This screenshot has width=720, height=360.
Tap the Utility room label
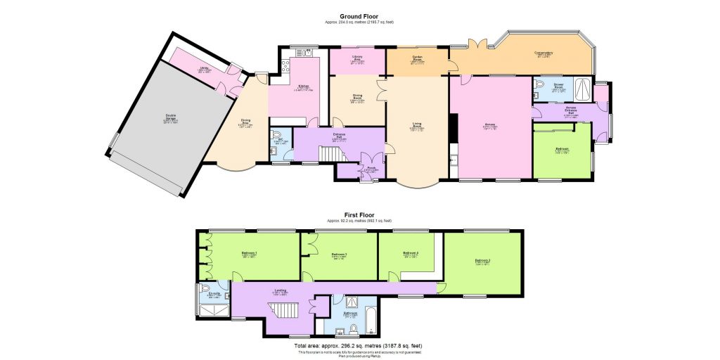204,70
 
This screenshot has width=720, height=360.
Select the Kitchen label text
304,86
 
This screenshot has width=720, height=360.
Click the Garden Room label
416,58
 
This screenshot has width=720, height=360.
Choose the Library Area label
356,58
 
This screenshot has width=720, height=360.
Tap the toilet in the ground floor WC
276,134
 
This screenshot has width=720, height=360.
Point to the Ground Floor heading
359,16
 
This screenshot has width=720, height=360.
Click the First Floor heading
359,214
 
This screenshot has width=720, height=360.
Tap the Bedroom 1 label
249,252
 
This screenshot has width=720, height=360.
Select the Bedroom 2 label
482,261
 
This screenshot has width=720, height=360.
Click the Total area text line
359,346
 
